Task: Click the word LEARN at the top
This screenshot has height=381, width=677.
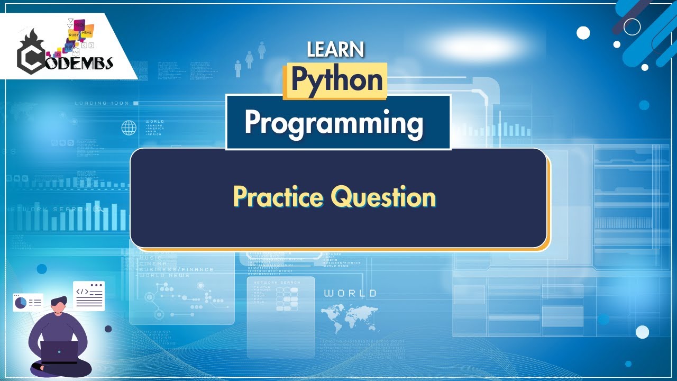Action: point(335,49)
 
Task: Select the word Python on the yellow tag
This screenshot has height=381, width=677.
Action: point(336,80)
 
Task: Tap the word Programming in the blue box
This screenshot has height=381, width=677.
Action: point(334,123)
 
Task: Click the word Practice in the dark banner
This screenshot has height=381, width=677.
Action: point(278,197)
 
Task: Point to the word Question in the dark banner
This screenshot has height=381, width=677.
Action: point(383,197)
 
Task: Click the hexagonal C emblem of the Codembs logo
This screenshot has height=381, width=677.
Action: point(31,58)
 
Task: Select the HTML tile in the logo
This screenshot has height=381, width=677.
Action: point(87,32)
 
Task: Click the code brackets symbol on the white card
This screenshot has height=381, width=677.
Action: point(82,292)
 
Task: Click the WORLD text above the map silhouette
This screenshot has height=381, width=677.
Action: point(350,293)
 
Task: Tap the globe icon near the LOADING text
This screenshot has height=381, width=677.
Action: point(129,128)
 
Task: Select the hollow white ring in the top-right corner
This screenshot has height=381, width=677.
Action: point(632,26)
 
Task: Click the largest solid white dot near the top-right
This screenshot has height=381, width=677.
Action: point(583,33)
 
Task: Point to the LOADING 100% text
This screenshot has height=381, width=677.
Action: point(102,103)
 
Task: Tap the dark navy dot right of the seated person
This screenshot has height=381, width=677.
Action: point(108,329)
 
